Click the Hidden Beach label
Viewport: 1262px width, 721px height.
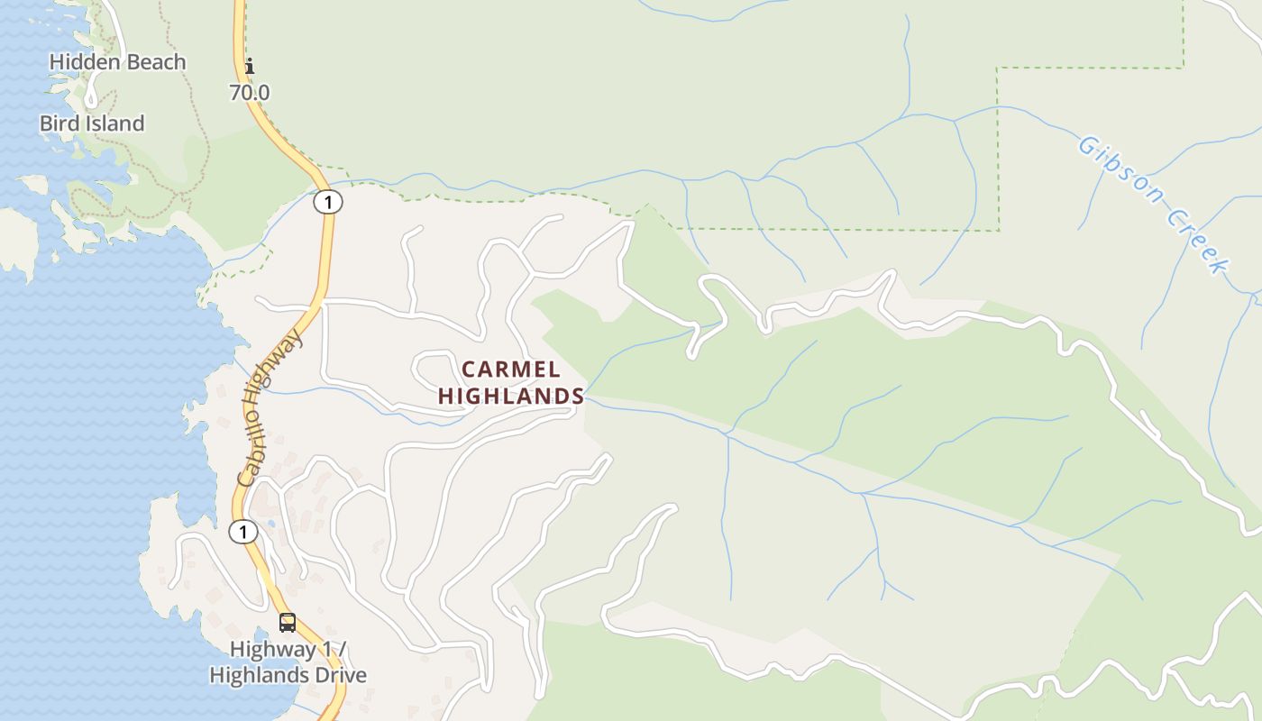117,62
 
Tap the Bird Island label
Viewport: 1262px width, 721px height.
92,123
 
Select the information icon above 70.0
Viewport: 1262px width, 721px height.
250,66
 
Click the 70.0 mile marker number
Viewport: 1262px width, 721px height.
250,92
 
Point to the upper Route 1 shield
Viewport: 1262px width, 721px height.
328,203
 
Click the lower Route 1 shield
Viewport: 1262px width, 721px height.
242,532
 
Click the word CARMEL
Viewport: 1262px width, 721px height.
511,370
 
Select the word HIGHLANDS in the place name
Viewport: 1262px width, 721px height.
511,396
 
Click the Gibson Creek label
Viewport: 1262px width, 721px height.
1155,204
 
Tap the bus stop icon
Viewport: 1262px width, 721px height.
287,622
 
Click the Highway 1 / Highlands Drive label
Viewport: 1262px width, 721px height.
288,662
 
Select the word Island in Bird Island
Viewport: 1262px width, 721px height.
114,123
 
